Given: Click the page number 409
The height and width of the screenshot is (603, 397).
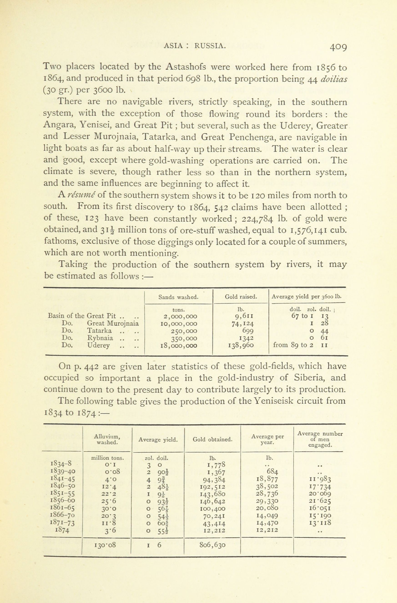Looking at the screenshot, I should point(338,47).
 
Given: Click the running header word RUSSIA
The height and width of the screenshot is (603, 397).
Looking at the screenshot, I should point(210,46).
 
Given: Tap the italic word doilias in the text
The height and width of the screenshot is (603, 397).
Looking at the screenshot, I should point(334,79).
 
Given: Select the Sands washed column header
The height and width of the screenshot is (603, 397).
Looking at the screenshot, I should point(178,297).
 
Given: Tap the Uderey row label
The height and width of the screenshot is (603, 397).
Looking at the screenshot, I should point(98,345).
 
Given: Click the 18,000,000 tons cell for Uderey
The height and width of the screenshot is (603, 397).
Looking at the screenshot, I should point(179,345).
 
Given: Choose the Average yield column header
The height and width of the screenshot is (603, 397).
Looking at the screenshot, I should point(158,440).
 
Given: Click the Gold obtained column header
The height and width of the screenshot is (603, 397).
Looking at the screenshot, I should point(212,439).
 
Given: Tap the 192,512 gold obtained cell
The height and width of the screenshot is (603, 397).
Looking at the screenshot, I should point(212,486).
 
